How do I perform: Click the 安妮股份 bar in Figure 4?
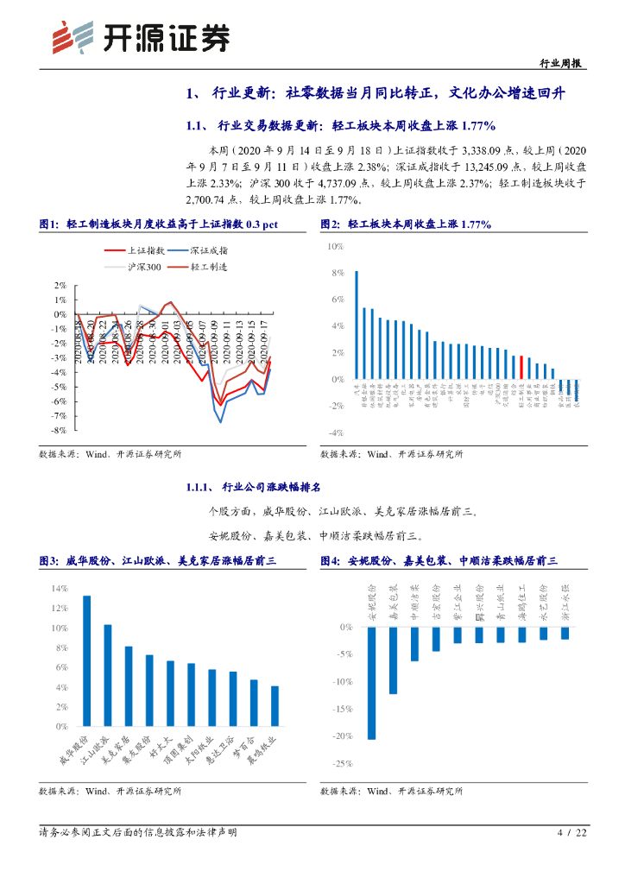371,683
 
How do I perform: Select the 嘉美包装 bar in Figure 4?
393,660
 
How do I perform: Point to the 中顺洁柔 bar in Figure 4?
414,644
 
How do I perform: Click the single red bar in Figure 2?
521,367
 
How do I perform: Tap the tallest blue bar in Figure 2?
357,325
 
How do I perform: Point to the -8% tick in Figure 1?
60,430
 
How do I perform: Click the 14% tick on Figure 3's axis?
59,589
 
